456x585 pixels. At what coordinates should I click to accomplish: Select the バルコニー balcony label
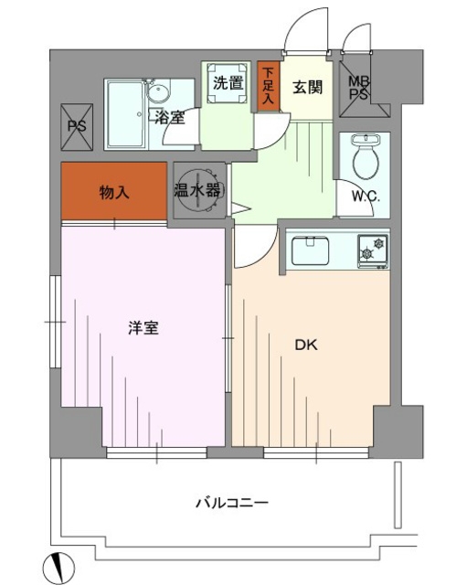tap(230, 503)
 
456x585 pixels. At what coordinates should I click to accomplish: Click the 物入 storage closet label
tap(114, 193)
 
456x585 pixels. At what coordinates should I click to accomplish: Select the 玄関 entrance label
tap(305, 88)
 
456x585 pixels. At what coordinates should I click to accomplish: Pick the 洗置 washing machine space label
tap(227, 82)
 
